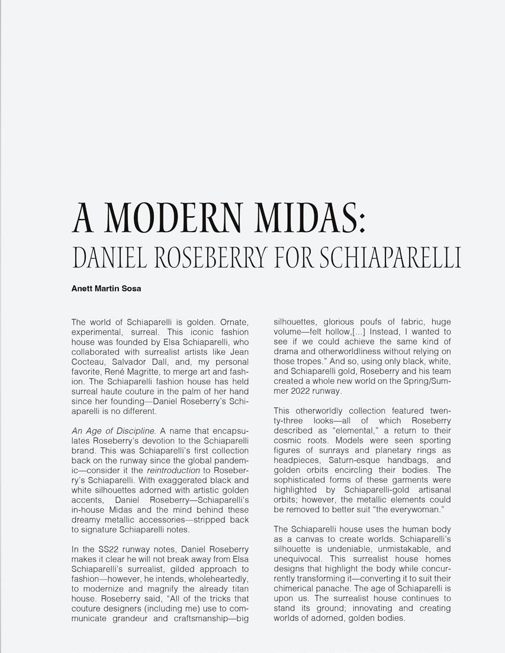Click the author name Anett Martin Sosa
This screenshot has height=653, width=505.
tap(106, 289)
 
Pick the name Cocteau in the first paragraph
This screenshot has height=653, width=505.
tap(91, 352)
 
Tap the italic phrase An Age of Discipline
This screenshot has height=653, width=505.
tap(113, 431)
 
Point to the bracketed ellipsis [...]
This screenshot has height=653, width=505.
tap(358, 332)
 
